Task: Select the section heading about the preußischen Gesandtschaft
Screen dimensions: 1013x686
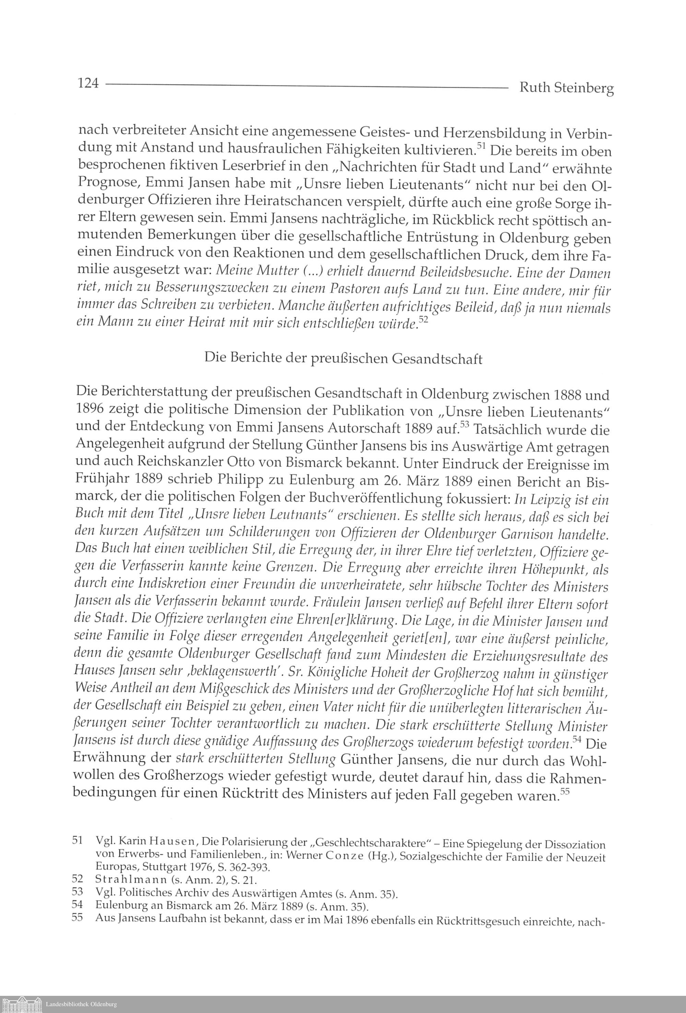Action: point(343,359)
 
